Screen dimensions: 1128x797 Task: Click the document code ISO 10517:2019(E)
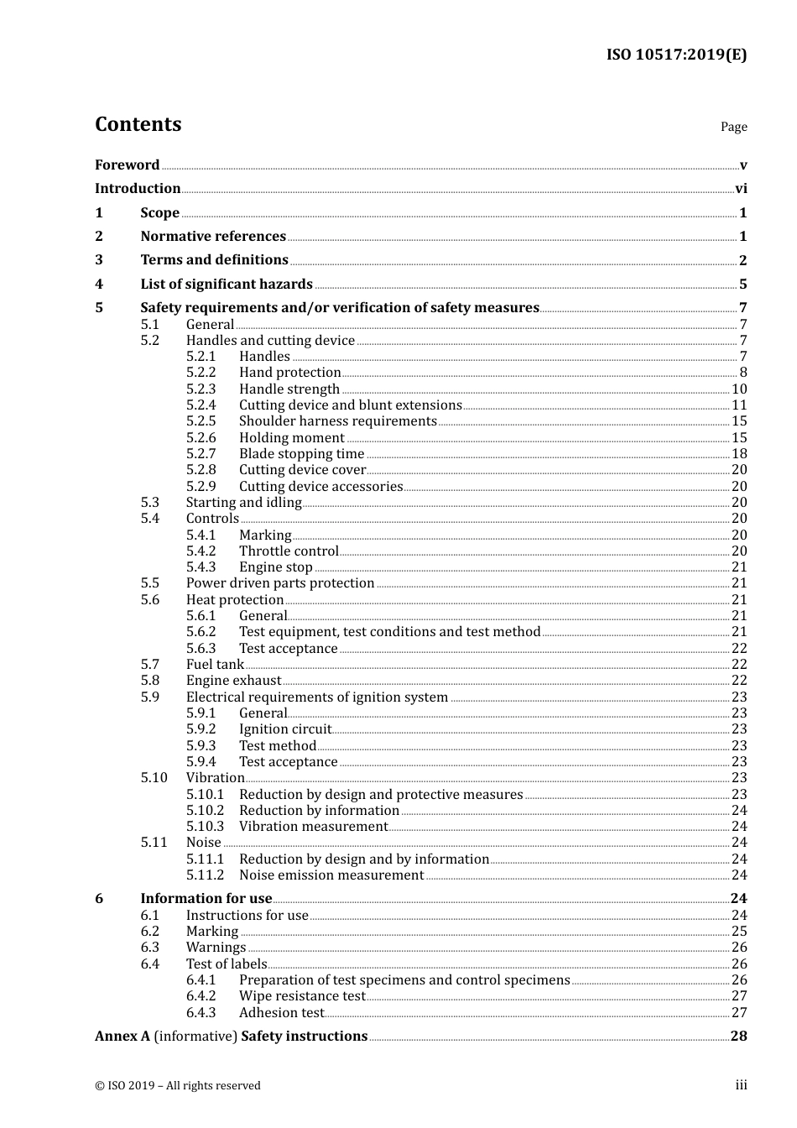(676, 55)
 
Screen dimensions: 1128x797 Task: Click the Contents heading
(138, 124)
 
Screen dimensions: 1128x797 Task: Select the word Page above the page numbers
(733, 127)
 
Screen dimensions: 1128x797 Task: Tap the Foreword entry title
(127, 165)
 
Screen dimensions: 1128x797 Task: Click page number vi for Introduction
(741, 189)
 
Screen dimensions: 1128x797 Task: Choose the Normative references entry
(213, 237)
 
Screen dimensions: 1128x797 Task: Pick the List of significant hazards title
(227, 285)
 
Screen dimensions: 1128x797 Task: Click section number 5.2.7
(201, 454)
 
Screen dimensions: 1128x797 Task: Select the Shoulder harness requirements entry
(337, 421)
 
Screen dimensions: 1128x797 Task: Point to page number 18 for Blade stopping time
(739, 454)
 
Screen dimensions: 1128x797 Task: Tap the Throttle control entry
(289, 551)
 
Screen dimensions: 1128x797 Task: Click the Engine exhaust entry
(233, 681)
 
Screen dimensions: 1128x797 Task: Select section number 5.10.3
(205, 827)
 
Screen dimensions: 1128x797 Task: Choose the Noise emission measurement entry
(331, 875)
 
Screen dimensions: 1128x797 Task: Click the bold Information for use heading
(206, 899)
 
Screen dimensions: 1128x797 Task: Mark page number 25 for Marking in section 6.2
(739, 932)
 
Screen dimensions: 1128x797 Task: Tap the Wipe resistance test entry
(302, 996)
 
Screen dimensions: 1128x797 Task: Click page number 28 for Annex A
(738, 1037)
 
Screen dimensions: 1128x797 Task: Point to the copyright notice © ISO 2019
(178, 1086)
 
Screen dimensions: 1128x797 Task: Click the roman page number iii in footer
(741, 1085)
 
